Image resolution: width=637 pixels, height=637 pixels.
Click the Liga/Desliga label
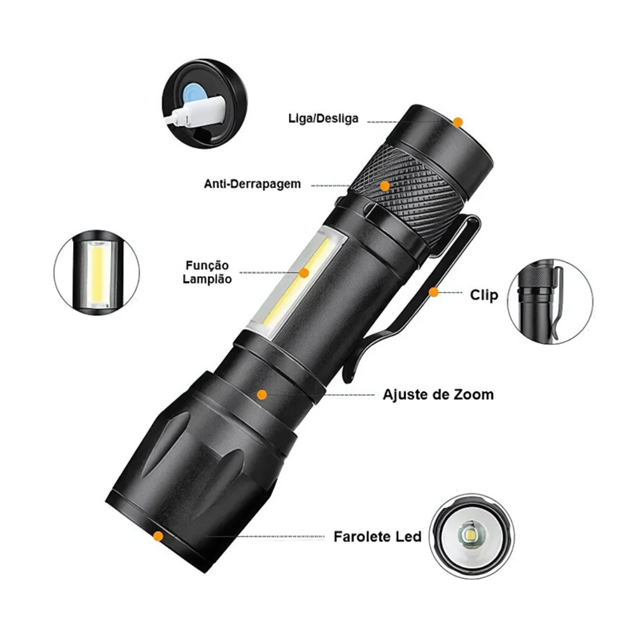click(323, 119)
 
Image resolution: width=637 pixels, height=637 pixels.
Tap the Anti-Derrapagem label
click(252, 184)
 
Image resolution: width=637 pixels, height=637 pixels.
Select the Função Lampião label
click(207, 272)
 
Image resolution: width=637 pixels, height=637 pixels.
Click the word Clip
click(484, 295)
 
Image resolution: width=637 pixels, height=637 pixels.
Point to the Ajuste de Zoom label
click(438, 394)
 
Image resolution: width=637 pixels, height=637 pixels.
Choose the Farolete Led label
click(377, 537)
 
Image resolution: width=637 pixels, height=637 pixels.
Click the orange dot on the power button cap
click(458, 122)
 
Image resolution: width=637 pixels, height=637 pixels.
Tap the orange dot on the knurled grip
click(385, 186)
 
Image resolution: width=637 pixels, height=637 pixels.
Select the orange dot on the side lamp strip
click(304, 272)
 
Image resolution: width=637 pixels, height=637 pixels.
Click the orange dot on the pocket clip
click(434, 292)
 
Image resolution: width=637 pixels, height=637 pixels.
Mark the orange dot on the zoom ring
click(262, 394)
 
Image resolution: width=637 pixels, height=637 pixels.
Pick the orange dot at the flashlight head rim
click(158, 536)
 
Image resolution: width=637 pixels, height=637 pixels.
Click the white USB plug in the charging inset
click(195, 112)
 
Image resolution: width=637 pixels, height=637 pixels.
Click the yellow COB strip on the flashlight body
click(296, 283)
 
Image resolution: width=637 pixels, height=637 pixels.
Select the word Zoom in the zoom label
click(474, 394)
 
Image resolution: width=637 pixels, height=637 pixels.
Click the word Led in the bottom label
click(409, 537)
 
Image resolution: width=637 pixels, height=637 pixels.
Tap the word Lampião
click(207, 279)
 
